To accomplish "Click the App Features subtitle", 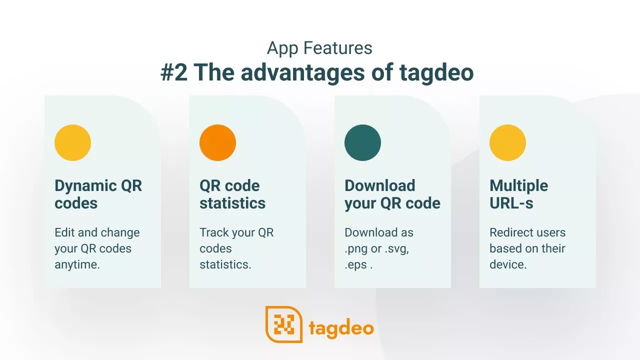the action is click(319, 48).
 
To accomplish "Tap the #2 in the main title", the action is click(174, 72).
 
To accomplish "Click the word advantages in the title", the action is click(302, 73).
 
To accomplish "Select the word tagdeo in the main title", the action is click(436, 73).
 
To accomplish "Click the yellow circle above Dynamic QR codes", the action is click(72, 142).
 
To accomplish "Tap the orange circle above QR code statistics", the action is click(217, 142).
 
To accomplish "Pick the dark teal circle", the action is click(362, 142).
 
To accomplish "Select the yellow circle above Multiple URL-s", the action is click(507, 142).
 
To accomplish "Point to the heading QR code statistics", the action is click(232, 194).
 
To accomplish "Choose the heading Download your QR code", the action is click(392, 195).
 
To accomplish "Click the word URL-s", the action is click(511, 203).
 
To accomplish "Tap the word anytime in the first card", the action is click(77, 265).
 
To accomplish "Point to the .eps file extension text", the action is click(356, 265).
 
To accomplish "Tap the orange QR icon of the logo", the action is click(284, 324).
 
